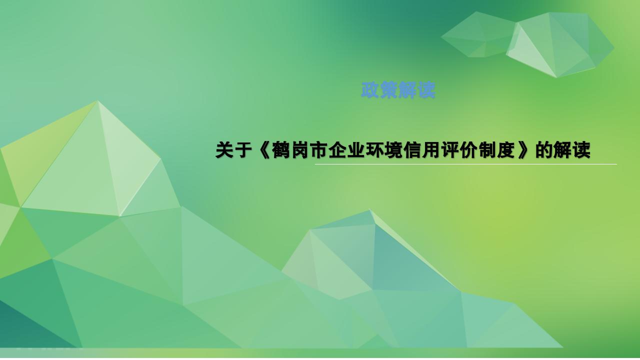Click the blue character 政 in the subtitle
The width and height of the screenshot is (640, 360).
point(370,90)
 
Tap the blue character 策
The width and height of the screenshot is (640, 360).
point(389,90)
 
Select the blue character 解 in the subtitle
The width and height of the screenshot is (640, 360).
point(407,90)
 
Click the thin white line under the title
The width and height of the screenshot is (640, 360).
point(465,164)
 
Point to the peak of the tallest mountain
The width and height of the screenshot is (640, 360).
point(97,101)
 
